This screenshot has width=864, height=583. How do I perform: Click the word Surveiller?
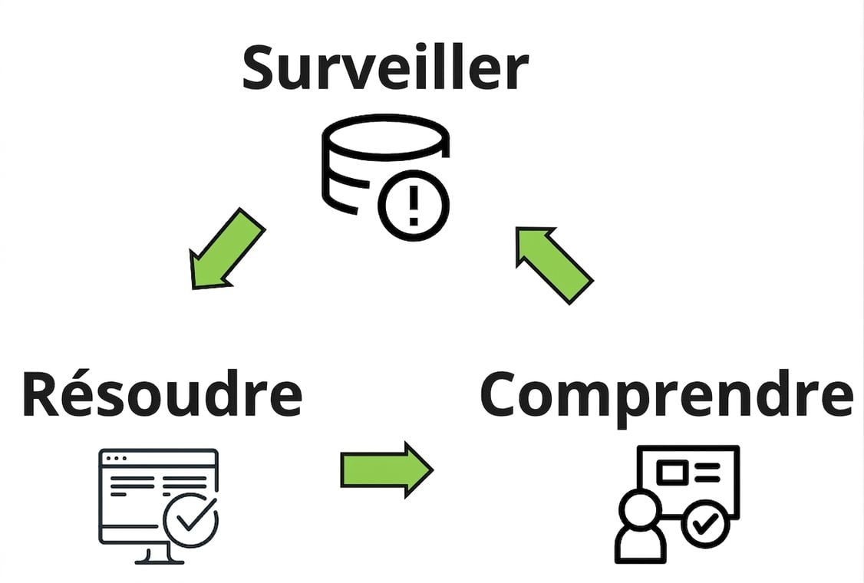click(x=386, y=68)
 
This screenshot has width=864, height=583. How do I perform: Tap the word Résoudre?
click(x=163, y=394)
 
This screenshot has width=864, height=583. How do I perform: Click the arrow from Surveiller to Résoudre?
click(x=227, y=249)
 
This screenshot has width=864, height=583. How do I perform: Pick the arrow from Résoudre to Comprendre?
click(x=387, y=470)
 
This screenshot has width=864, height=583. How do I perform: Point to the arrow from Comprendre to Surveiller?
click(x=554, y=265)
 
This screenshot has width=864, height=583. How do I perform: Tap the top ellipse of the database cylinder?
click(x=386, y=137)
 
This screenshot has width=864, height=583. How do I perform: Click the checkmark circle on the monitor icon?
click(x=191, y=519)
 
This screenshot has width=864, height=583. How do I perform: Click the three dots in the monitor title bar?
click(x=117, y=459)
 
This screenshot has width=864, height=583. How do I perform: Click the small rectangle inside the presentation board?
click(x=672, y=473)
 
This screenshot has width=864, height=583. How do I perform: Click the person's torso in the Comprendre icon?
click(x=640, y=545)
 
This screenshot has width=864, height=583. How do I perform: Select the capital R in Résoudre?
click(x=41, y=394)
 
